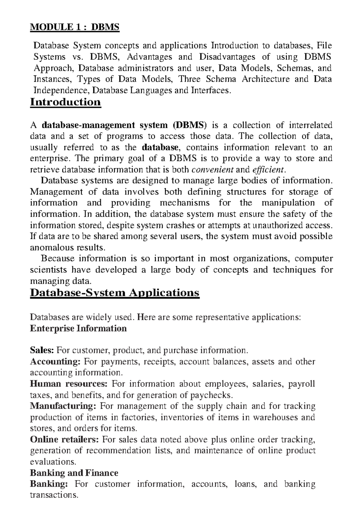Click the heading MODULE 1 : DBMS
click(75, 27)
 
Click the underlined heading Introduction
click(65, 102)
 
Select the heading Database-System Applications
click(115, 292)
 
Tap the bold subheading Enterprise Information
click(78, 328)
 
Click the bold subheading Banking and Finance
click(74, 473)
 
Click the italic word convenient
click(212, 170)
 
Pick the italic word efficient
click(268, 170)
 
